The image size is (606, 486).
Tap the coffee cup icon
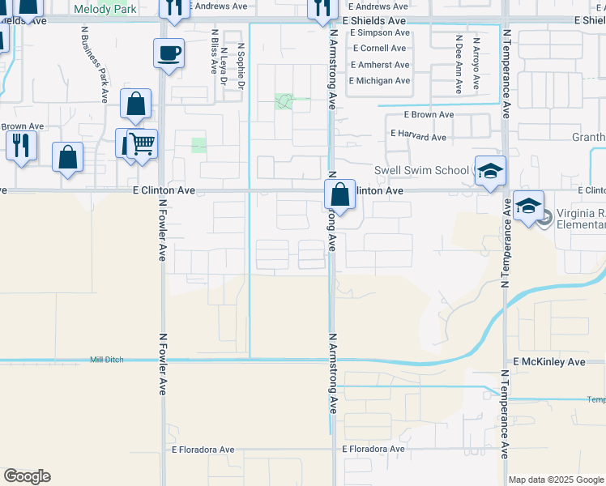point(169,53)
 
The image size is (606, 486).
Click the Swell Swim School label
point(420,170)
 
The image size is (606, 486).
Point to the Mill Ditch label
point(107,359)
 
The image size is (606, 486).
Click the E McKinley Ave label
point(548,362)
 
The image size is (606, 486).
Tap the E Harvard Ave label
point(418,137)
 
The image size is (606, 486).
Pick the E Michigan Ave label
point(379,81)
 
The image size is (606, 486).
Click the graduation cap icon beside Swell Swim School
point(490,171)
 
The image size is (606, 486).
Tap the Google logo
point(27,476)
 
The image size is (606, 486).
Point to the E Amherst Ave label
point(381,65)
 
